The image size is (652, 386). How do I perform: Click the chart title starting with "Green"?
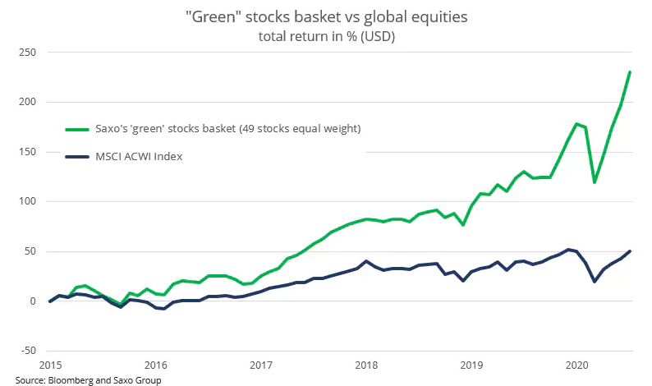coord(327,16)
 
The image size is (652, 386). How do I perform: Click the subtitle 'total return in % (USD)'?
coord(327,36)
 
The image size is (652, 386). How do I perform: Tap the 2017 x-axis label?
coord(261,363)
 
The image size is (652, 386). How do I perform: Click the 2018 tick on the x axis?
coord(366,363)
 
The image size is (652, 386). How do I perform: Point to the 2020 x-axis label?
coord(578,363)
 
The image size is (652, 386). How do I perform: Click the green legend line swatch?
coord(79,129)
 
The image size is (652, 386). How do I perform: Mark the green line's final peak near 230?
coord(629,72)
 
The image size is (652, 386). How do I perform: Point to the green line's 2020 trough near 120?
coord(595,182)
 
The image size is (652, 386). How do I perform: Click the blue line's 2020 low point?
coord(595,282)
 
